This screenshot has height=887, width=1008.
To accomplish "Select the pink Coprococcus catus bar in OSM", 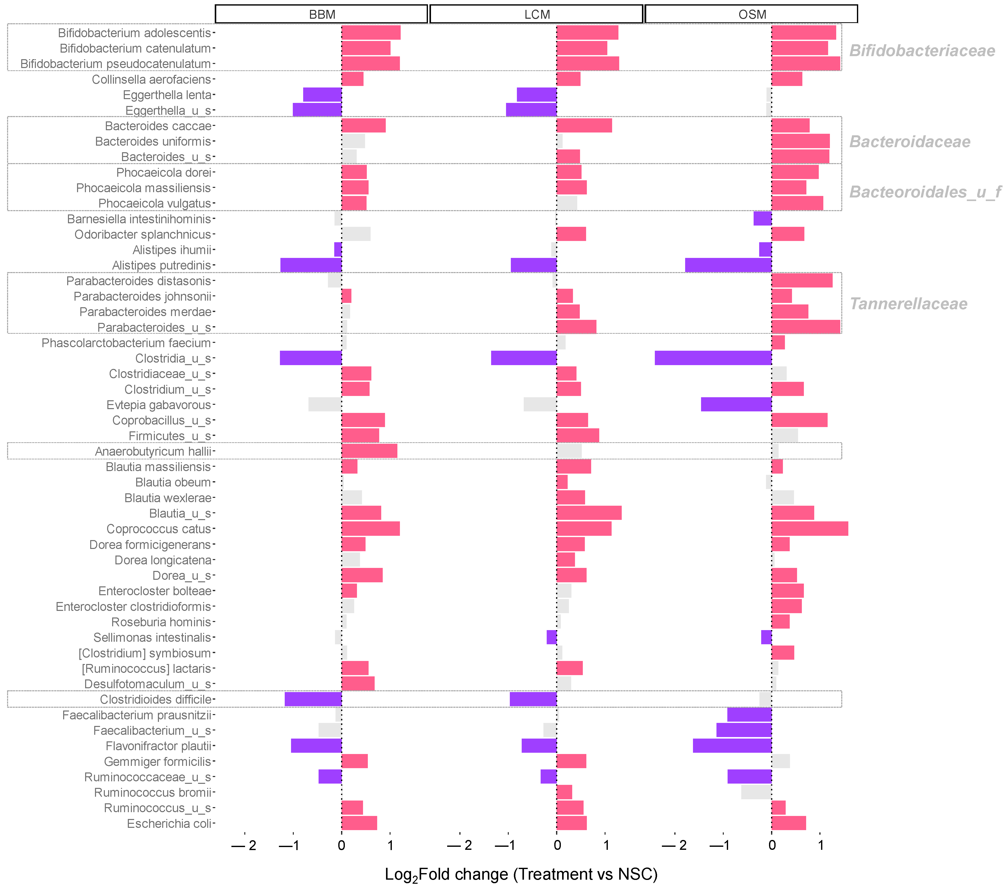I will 810,529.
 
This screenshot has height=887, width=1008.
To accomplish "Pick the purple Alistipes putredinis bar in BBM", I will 311,265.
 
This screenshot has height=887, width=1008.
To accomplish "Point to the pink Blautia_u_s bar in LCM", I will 589,513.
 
